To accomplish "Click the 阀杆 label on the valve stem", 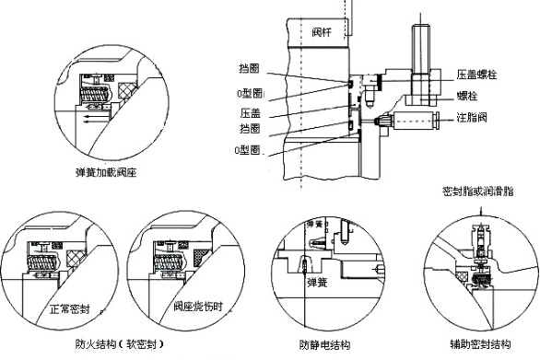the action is click(322, 32).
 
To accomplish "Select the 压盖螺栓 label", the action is click(476, 75).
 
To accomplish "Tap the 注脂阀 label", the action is click(472, 117).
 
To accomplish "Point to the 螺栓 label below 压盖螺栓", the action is click(467, 96).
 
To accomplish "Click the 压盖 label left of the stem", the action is click(251, 112).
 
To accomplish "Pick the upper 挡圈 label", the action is click(249, 68).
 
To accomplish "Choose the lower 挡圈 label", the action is click(250, 129).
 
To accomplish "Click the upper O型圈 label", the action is click(250, 93).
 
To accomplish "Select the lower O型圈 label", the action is click(247, 150).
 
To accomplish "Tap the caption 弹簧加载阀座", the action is click(106, 172).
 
